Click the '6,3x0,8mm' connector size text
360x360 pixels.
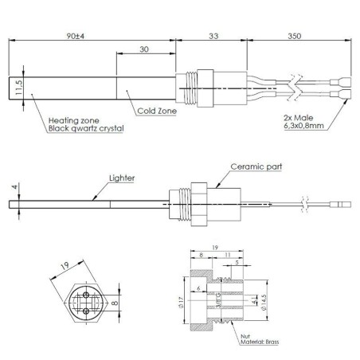click(303, 125)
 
